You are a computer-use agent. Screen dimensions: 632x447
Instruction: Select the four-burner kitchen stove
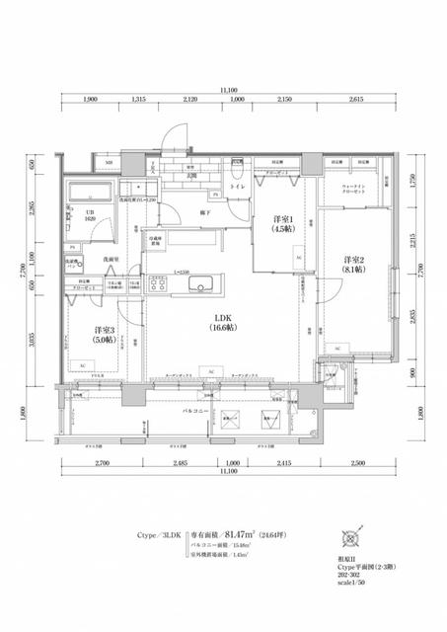point(159,284)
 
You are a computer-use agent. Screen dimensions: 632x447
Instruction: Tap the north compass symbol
point(348,537)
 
